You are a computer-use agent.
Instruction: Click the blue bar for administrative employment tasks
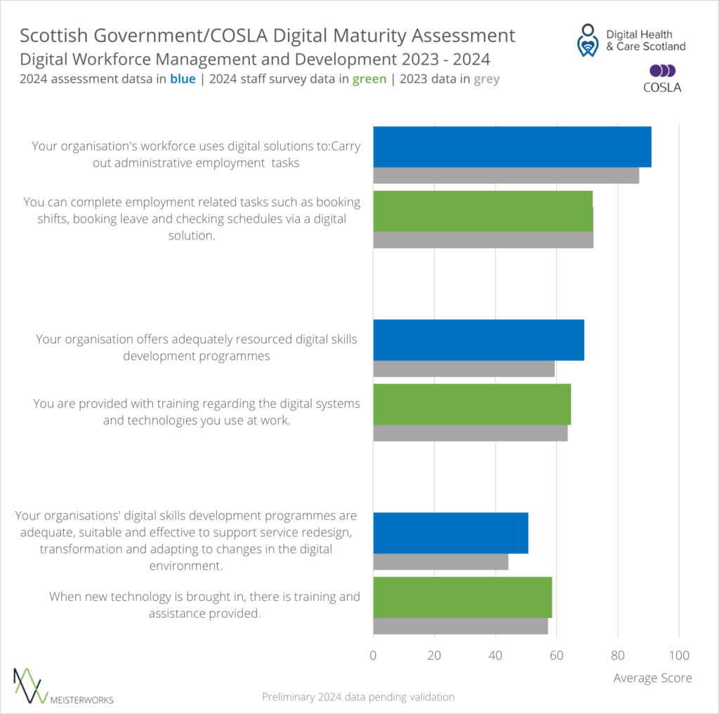(x=512, y=147)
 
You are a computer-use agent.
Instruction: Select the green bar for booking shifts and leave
(x=482, y=211)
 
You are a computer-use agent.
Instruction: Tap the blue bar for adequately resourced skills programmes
(x=478, y=340)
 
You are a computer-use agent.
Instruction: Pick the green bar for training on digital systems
(x=472, y=404)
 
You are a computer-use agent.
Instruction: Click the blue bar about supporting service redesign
(x=450, y=533)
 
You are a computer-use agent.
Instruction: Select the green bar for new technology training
(x=462, y=597)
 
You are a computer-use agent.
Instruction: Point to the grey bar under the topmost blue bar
(x=506, y=176)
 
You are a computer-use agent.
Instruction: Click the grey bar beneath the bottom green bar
(x=460, y=626)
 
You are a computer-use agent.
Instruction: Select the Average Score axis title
(x=652, y=678)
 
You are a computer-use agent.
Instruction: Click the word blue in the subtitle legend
(x=183, y=79)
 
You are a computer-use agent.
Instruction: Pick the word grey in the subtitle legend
(x=487, y=79)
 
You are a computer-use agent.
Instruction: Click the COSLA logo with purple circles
(x=663, y=78)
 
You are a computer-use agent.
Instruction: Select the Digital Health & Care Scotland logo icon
(x=587, y=40)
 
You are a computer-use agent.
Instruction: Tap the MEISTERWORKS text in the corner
(x=82, y=699)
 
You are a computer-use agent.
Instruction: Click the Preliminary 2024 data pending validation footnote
(x=358, y=697)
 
